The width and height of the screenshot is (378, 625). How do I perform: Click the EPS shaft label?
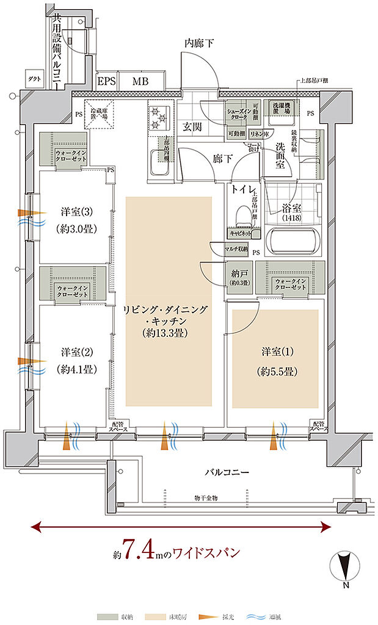[x=106, y=81]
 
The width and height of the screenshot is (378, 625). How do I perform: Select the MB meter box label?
[x=141, y=81]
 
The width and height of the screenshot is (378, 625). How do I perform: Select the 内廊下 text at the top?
[x=200, y=43]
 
